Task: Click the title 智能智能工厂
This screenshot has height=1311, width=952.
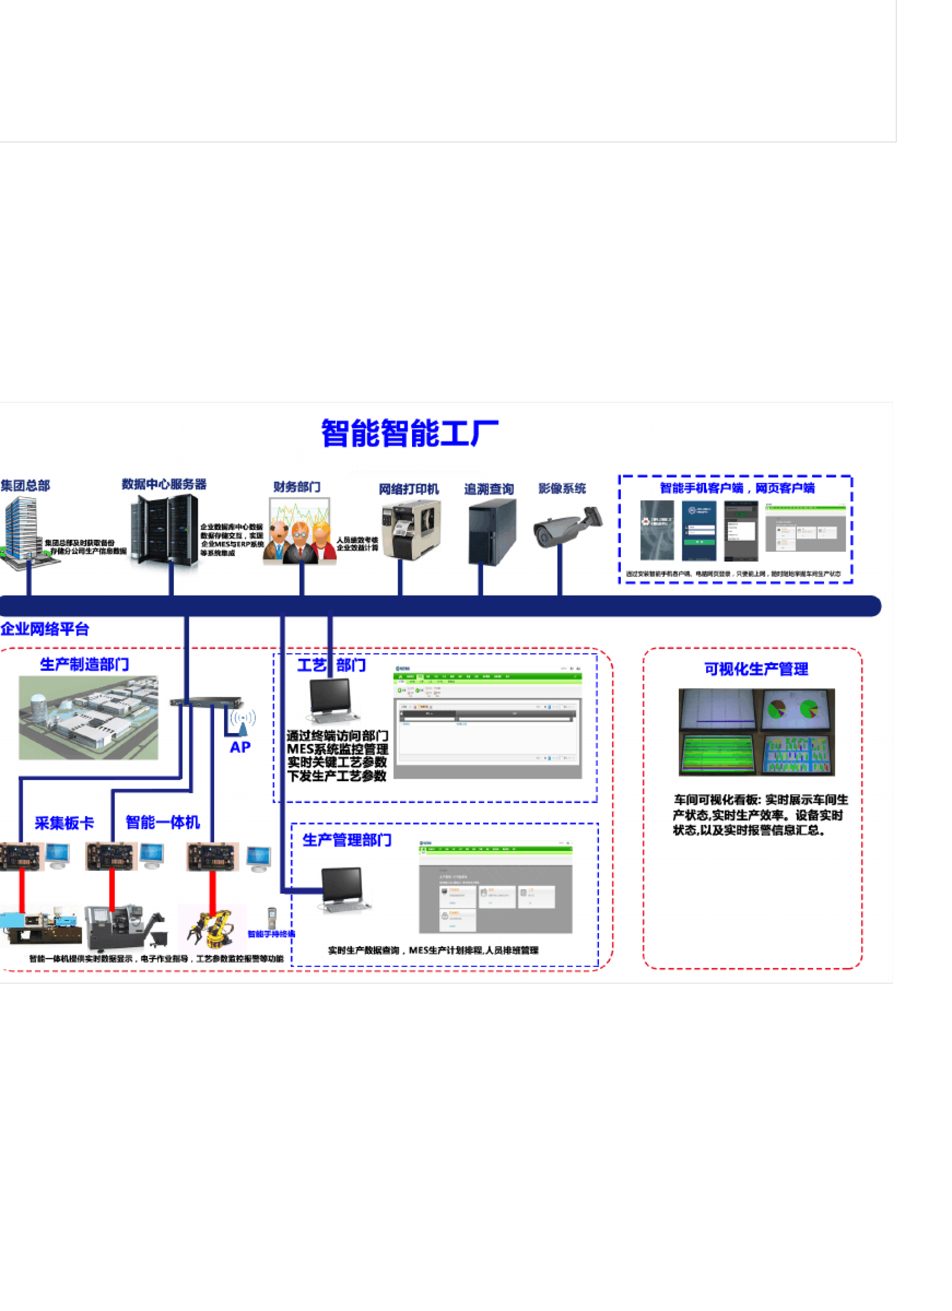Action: (410, 434)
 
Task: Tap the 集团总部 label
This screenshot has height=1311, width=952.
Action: (25, 486)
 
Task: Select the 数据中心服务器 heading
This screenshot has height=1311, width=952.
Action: (164, 484)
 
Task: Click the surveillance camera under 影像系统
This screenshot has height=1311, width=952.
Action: (566, 526)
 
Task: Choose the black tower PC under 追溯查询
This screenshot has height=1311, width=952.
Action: (491, 532)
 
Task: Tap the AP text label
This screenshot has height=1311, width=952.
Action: (240, 747)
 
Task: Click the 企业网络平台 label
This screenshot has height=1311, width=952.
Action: (45, 629)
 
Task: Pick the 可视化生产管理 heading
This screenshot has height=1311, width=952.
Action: (756, 669)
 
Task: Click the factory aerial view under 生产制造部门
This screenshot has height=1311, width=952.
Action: (88, 718)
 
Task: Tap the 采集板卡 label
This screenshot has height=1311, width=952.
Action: (64, 823)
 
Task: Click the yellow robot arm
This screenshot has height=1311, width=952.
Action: (212, 928)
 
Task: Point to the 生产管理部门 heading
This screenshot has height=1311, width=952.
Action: (347, 840)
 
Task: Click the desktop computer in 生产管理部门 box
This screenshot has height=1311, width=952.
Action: (344, 890)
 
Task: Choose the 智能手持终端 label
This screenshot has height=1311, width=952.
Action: (272, 934)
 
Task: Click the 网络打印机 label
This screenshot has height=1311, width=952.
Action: (409, 489)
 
